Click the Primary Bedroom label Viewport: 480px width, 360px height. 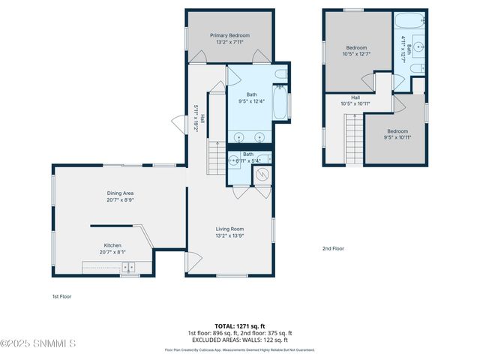pyautogui.click(x=229, y=35)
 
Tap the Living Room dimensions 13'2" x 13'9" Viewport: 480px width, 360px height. pyautogui.click(x=230, y=235)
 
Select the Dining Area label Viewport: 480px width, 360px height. pyautogui.click(x=120, y=193)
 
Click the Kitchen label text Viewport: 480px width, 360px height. pyautogui.click(x=112, y=245)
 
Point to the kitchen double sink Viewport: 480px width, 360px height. pyautogui.click(x=130, y=266)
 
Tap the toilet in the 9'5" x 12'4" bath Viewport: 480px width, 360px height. pyautogui.click(x=280, y=74)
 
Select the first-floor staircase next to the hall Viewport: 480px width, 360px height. pyautogui.click(x=216, y=158)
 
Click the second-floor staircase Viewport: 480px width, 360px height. pyautogui.click(x=355, y=142)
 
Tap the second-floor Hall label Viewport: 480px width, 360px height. pyautogui.click(x=355, y=97)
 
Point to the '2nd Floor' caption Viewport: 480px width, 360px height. pyautogui.click(x=333, y=248)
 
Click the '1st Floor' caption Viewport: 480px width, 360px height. pyautogui.click(x=61, y=296)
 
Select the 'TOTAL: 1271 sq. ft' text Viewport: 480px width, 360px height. pyautogui.click(x=239, y=326)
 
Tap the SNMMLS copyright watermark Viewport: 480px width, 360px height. pyautogui.click(x=37, y=343)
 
